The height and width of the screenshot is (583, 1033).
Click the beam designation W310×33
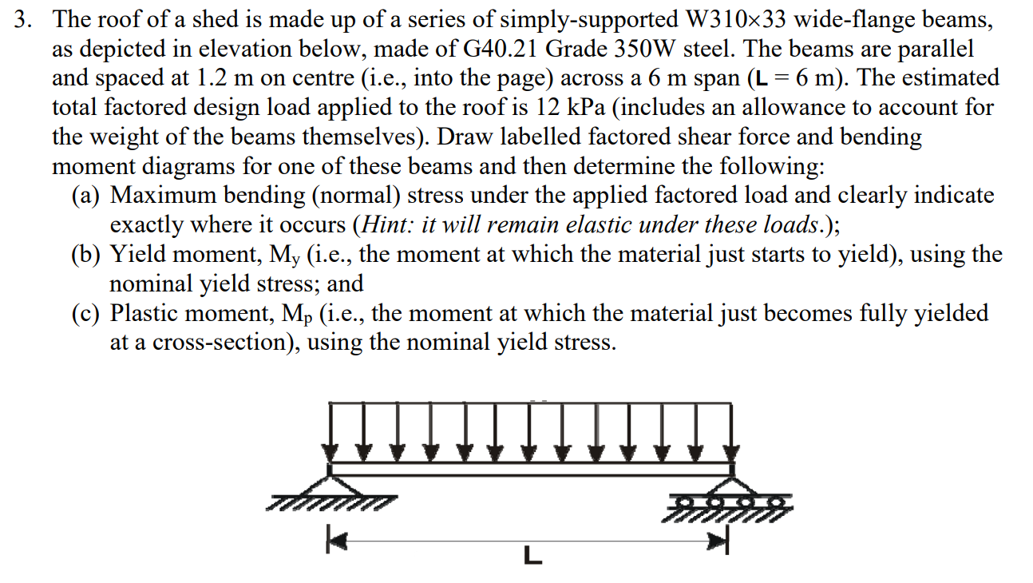[x=735, y=19]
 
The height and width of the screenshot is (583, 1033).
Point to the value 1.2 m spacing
[x=224, y=78]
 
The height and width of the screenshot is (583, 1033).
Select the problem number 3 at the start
[x=22, y=19]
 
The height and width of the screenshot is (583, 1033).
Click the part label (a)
[x=85, y=196]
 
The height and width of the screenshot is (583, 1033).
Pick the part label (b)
[x=85, y=254]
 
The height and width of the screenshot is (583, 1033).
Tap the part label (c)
[x=85, y=313]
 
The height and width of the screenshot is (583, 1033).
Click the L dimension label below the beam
[x=532, y=555]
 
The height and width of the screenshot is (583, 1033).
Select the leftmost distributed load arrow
[x=330, y=432]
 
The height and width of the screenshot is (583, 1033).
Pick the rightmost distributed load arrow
[x=731, y=432]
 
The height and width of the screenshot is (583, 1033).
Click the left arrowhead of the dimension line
[x=338, y=540]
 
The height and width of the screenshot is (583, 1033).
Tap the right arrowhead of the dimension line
[x=718, y=540]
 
